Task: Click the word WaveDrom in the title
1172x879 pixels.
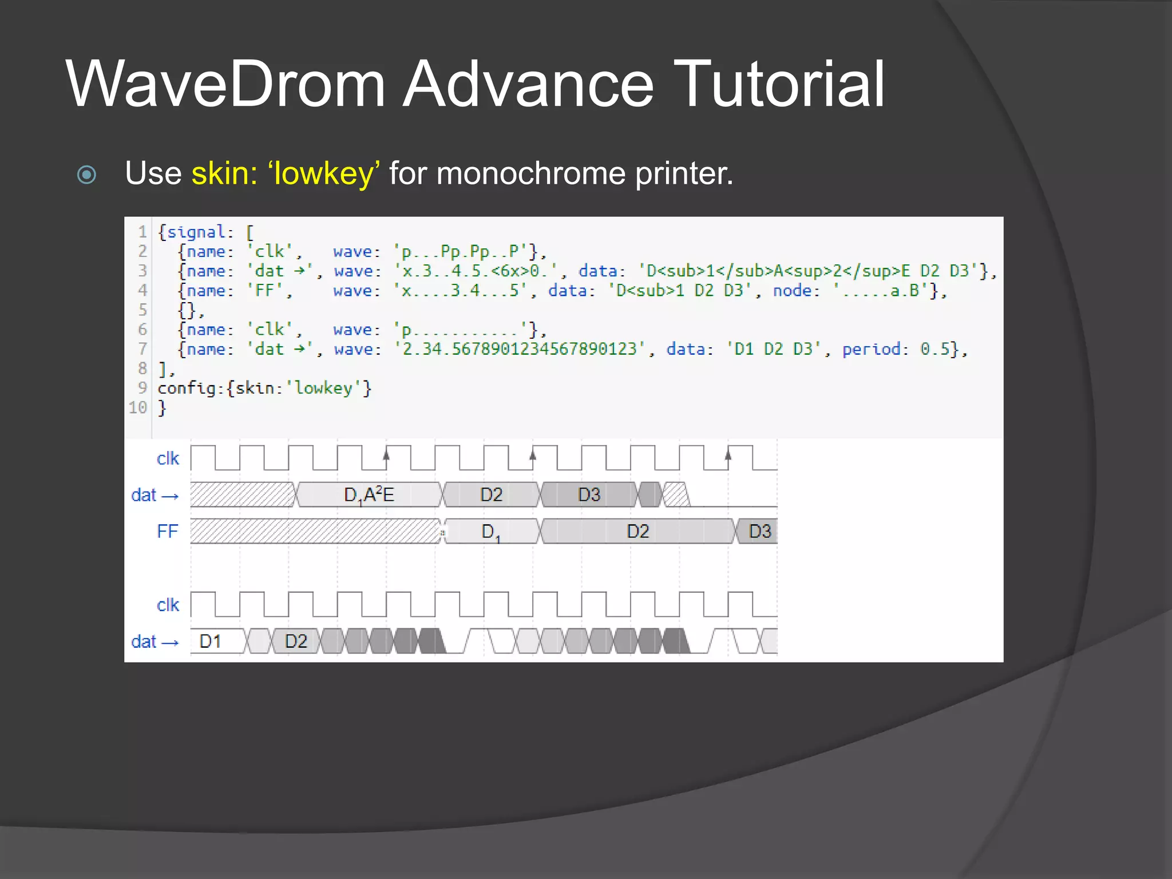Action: click(225, 84)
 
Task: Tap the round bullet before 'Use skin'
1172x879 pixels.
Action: click(86, 175)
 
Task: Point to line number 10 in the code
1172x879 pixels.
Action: click(138, 407)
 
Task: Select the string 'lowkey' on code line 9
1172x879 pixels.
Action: click(323, 388)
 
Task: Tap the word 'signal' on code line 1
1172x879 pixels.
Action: click(196, 232)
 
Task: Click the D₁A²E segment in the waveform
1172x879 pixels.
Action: click(369, 494)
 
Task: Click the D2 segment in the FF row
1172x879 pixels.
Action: click(638, 531)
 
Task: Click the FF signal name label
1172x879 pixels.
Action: click(168, 531)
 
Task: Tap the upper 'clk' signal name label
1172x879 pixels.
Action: click(168, 458)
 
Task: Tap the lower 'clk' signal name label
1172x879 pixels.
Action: click(168, 605)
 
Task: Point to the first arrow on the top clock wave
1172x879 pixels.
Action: click(386, 456)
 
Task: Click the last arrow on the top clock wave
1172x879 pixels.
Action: click(728, 456)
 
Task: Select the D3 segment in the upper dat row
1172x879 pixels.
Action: click(589, 494)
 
